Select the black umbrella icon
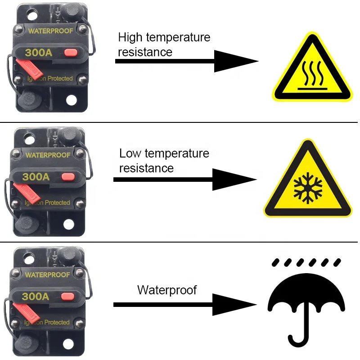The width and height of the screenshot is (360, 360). click(306, 306)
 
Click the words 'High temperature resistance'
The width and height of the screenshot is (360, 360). click(164, 44)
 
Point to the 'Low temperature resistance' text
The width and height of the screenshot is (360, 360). click(164, 161)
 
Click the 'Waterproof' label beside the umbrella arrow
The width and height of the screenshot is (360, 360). click(167, 290)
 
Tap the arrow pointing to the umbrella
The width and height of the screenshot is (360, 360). click(184, 305)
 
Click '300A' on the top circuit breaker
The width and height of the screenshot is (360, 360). click(38, 53)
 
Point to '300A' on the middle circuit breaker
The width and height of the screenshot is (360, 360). click(36, 176)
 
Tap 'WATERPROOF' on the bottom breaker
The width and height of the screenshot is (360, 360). click(47, 274)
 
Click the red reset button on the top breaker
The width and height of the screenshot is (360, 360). click(70, 53)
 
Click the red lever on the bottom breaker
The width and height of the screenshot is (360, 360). click(25, 312)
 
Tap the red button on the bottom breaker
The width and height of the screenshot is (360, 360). click(67, 296)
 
